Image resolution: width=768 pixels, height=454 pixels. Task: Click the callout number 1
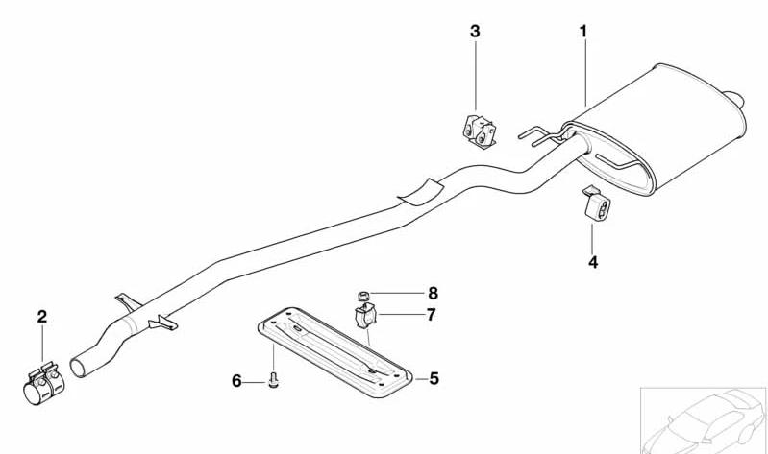click(x=582, y=32)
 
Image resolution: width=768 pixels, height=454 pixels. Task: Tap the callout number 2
click(x=42, y=317)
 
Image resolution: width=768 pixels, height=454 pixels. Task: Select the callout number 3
click(x=475, y=32)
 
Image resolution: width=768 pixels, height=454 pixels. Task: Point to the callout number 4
click(x=593, y=262)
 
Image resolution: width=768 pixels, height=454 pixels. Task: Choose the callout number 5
click(x=434, y=379)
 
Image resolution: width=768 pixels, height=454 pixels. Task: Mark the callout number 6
click(x=236, y=381)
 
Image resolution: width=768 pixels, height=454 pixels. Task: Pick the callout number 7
click(x=431, y=315)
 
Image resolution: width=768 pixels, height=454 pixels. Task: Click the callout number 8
click(x=433, y=294)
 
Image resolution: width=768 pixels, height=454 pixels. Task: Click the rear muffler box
click(x=657, y=129)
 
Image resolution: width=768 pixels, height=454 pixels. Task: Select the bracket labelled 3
click(x=479, y=131)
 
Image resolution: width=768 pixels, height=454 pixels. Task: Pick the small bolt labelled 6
click(x=274, y=380)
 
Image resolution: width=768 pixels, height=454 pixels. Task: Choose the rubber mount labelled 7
click(x=365, y=316)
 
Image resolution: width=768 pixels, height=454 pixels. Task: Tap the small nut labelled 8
click(x=362, y=296)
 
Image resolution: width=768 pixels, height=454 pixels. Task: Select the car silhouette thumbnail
click(x=704, y=420)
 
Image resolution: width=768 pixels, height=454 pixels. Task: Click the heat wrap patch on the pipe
click(x=421, y=192)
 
